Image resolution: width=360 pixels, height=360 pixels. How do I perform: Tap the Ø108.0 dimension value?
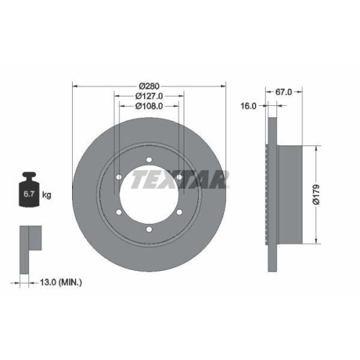pyautogui.click(x=149, y=106)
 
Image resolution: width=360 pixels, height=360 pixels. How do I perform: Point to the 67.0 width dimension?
pyautogui.click(x=283, y=91)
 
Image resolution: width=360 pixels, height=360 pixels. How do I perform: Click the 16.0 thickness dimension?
pyautogui.click(x=248, y=105)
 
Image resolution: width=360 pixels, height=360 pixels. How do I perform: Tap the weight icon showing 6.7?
pyautogui.click(x=30, y=190)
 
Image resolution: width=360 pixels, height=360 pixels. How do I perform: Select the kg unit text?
pyautogui.click(x=46, y=195)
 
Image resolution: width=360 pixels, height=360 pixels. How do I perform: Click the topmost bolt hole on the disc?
pyautogui.click(x=149, y=160)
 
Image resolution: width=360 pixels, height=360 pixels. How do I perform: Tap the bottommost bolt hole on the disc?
pyautogui.click(x=149, y=229)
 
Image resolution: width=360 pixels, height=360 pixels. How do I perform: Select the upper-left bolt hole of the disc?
pyautogui.click(x=119, y=177)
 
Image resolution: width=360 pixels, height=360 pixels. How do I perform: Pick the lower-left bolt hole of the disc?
pyautogui.click(x=119, y=212)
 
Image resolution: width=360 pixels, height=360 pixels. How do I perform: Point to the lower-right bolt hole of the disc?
pyautogui.click(x=179, y=212)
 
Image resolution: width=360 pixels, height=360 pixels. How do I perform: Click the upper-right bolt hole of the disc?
pyautogui.click(x=179, y=177)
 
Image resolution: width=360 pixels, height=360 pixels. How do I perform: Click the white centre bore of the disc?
pyautogui.click(x=149, y=194)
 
